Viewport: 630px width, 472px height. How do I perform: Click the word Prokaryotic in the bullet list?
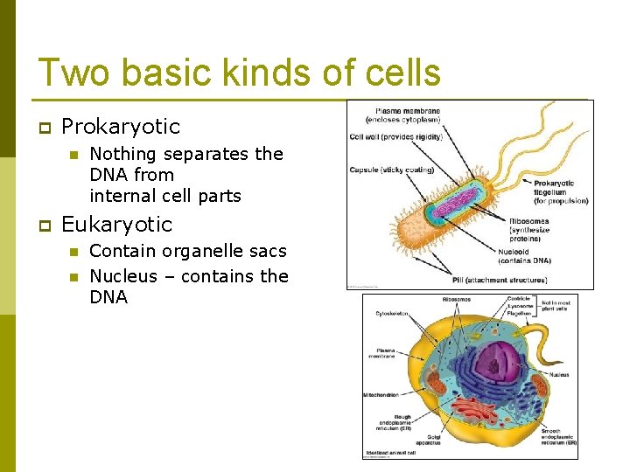(x=121, y=127)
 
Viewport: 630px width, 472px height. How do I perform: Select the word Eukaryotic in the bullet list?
(x=117, y=225)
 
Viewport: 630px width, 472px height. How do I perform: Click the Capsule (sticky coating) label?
(x=391, y=170)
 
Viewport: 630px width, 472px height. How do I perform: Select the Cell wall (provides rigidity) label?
(x=395, y=136)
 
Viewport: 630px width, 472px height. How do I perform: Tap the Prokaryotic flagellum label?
(x=560, y=191)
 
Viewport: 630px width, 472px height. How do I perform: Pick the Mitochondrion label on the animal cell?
(x=381, y=395)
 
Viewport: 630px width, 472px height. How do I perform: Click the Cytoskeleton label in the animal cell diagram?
(x=391, y=313)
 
